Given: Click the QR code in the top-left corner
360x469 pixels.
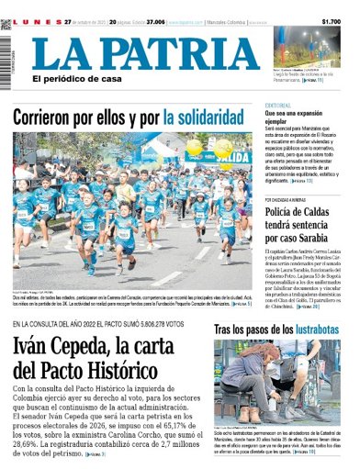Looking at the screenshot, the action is pyautogui.click(x=6, y=24).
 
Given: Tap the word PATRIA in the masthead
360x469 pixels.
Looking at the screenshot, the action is pyautogui.click(x=184, y=52).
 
